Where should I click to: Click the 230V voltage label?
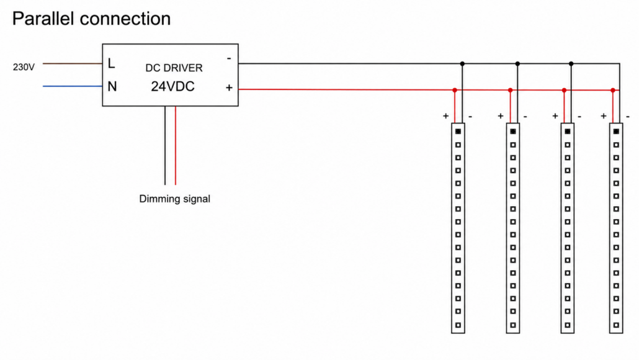pos(24,67)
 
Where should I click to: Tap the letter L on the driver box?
pos(111,63)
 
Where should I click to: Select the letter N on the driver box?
pos(112,86)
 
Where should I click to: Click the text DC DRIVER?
pos(174,68)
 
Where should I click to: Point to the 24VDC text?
pos(173,86)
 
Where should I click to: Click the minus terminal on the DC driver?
pos(229,59)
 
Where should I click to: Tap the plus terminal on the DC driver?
pos(229,88)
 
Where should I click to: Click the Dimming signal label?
pos(174,199)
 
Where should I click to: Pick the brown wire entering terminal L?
pos(73,63)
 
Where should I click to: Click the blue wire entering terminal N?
pos(73,86)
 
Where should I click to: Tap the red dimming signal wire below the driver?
pos(175,145)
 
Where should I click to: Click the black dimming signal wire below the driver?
pos(165,145)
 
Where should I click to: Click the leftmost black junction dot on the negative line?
pos(462,63)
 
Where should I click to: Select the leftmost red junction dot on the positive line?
pos(455,90)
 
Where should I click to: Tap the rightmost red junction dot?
pos(613,90)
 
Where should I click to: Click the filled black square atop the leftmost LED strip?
pos(458,132)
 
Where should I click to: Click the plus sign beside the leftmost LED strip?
pos(446,116)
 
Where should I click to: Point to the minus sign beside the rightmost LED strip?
pos(628,117)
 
